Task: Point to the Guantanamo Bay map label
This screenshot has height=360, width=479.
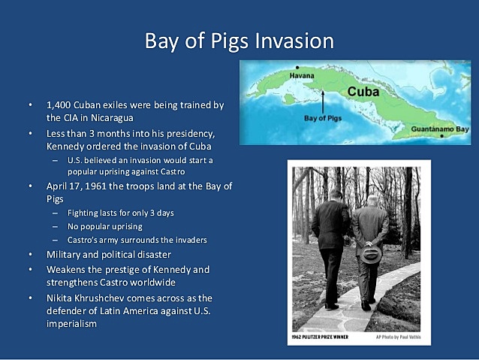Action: (x=440, y=129)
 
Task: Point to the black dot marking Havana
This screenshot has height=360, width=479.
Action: (x=297, y=68)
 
